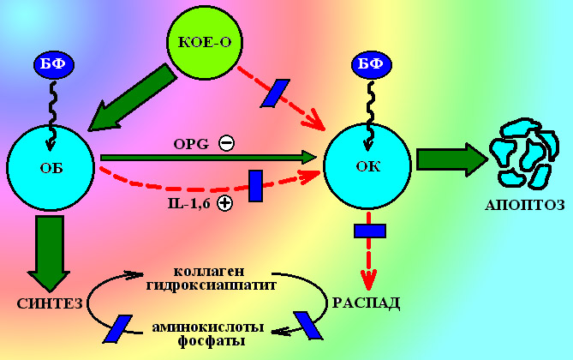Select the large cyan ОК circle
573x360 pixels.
click(370, 166)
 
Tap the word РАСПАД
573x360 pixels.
click(366, 303)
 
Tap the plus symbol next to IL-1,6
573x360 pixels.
click(224, 203)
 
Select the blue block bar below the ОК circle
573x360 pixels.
click(370, 230)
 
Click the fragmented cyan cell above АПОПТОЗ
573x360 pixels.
click(517, 153)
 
